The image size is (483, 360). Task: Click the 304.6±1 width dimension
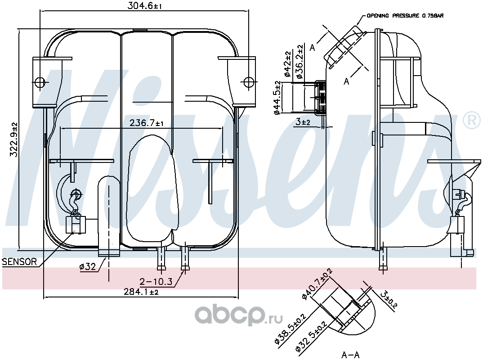pos(145,5)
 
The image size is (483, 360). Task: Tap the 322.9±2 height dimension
pos(14,139)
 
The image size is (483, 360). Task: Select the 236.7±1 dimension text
pos(147,123)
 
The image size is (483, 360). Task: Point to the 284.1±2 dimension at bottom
pos(141,291)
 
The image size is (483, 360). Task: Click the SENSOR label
pos(19,262)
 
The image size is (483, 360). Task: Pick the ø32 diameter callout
pos(88,266)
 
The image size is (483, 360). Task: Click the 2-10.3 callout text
pos(156,281)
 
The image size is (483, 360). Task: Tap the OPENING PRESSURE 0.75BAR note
pos(405,15)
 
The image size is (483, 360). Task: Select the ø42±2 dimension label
pos(287,64)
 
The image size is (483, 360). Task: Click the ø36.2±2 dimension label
pos(300,61)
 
